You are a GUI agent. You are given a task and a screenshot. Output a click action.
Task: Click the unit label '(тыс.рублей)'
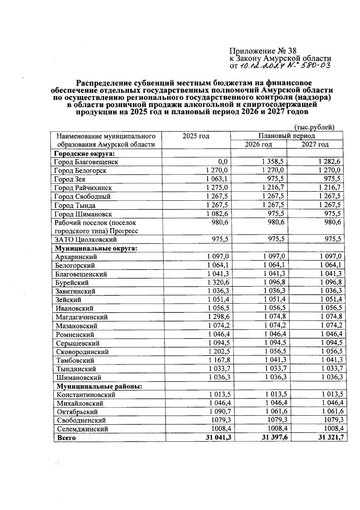point(314,127)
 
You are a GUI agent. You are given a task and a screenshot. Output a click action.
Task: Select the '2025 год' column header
point(196,136)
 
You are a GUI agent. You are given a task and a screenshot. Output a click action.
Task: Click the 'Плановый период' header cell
point(286,136)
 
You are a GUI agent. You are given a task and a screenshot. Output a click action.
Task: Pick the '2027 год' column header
point(315,145)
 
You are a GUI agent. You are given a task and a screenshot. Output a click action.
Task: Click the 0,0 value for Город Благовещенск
point(223,162)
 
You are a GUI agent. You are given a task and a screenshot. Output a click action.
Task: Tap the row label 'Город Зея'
point(70,179)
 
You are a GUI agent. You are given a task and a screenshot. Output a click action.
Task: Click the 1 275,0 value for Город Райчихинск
point(217,188)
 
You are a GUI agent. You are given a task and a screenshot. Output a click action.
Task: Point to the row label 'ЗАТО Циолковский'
point(85,240)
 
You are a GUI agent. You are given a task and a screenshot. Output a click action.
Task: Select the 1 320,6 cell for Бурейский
point(218,282)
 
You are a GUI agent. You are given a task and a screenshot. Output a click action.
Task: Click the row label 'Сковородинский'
point(82,352)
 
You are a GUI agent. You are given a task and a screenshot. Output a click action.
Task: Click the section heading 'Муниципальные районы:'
point(99,386)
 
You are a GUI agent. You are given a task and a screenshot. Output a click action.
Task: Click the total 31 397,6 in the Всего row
point(274,437)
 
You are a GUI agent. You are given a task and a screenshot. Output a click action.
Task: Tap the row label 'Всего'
point(66,438)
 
